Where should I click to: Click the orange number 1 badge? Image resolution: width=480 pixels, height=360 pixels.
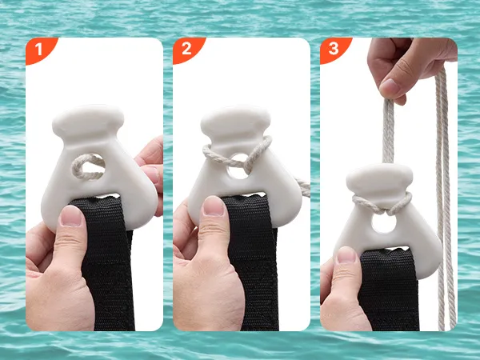pyautogui.click(x=40, y=50)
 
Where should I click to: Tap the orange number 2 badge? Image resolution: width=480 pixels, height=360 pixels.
pyautogui.click(x=187, y=50)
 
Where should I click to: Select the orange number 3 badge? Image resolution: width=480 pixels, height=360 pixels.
pyautogui.click(x=334, y=50)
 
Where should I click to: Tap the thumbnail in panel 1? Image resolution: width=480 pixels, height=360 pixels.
pyautogui.click(x=72, y=215)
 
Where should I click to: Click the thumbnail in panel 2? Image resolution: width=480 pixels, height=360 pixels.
pyautogui.click(x=214, y=206)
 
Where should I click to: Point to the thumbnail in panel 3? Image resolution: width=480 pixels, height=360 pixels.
pyautogui.click(x=346, y=254)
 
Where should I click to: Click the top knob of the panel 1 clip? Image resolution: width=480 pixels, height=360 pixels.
pyautogui.click(x=88, y=121)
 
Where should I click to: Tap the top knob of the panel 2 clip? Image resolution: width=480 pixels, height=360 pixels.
pyautogui.click(x=236, y=122)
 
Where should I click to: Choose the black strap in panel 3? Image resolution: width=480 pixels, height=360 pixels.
pyautogui.click(x=388, y=291)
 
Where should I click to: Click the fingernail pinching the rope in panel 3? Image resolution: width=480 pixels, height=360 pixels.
pyautogui.click(x=390, y=87)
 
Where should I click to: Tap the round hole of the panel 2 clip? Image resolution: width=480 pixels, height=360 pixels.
pyautogui.click(x=238, y=167)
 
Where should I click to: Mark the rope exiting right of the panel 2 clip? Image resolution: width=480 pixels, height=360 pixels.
pyautogui.click(x=302, y=186)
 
